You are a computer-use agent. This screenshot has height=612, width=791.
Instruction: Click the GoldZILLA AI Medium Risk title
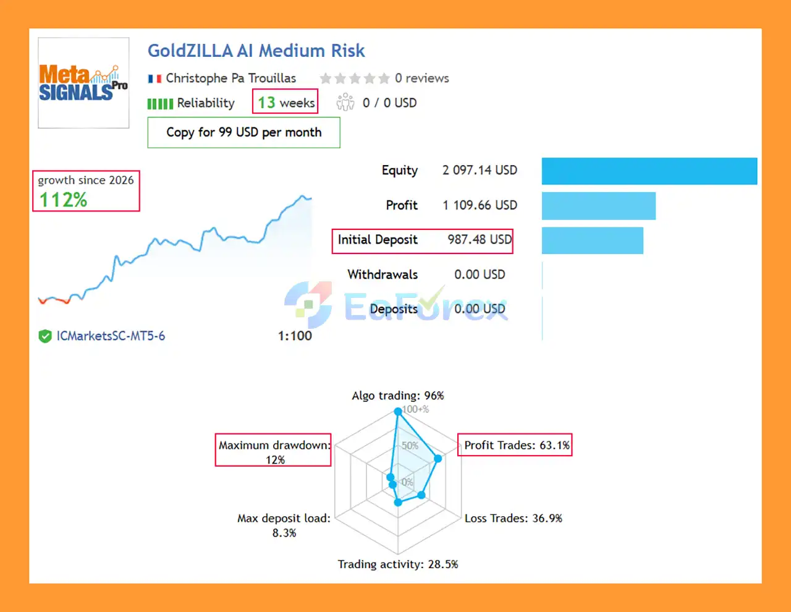click(256, 51)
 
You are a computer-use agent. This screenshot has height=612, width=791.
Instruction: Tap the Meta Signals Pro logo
click(83, 83)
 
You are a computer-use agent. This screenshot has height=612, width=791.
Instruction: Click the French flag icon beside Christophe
click(154, 79)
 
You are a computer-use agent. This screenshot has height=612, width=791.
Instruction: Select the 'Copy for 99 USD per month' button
click(243, 132)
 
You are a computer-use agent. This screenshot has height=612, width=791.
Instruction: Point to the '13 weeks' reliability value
click(286, 103)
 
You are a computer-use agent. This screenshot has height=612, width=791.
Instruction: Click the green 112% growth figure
click(63, 200)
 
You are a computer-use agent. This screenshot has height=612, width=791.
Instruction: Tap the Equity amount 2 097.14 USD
click(480, 170)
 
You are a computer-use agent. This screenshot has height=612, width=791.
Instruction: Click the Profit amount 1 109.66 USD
click(480, 205)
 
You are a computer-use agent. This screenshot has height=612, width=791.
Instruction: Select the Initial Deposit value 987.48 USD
click(480, 240)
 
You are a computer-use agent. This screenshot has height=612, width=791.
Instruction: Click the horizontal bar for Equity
click(649, 171)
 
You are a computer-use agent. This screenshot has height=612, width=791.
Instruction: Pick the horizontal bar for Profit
click(598, 206)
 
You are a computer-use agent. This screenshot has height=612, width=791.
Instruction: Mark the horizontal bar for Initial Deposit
click(592, 240)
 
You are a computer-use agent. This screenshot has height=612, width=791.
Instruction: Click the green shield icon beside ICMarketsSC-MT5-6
click(45, 336)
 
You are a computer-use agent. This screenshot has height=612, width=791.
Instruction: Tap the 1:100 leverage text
click(295, 336)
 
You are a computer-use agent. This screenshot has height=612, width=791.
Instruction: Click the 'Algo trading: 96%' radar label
click(397, 396)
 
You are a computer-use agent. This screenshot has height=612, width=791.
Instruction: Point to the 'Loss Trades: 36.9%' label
click(513, 518)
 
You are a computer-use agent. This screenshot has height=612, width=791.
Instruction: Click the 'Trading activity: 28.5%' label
click(397, 564)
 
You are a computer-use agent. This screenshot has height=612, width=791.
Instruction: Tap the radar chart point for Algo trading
click(399, 411)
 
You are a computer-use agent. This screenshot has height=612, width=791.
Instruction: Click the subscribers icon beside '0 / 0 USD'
click(345, 102)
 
